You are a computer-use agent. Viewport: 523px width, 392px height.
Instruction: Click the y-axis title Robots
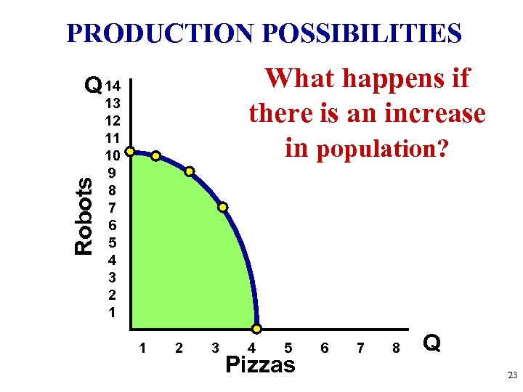tap(84, 216)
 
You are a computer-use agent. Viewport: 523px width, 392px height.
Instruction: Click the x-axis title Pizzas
tap(261, 364)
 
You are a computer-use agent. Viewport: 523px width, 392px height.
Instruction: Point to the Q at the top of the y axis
tap(92, 86)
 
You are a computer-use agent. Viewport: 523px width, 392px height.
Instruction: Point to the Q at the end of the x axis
tap(431, 343)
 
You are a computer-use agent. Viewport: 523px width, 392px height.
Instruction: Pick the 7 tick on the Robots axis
tap(112, 208)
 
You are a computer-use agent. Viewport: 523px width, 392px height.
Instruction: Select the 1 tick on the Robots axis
tap(112, 312)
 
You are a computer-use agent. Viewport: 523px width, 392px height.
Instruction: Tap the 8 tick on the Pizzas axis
tap(396, 348)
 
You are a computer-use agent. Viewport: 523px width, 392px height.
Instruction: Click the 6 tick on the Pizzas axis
tap(324, 348)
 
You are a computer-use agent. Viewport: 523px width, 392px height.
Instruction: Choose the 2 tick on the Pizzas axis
tap(179, 348)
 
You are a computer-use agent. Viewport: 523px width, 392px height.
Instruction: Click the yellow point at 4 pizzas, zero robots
tap(256, 328)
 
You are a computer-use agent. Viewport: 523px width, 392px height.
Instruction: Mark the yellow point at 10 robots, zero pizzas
tap(129, 152)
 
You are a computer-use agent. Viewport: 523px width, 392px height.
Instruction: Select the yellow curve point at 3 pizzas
tap(223, 207)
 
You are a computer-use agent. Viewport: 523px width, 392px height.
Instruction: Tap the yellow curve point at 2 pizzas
tap(189, 172)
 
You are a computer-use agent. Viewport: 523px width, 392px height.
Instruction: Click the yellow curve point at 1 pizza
tap(155, 155)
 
